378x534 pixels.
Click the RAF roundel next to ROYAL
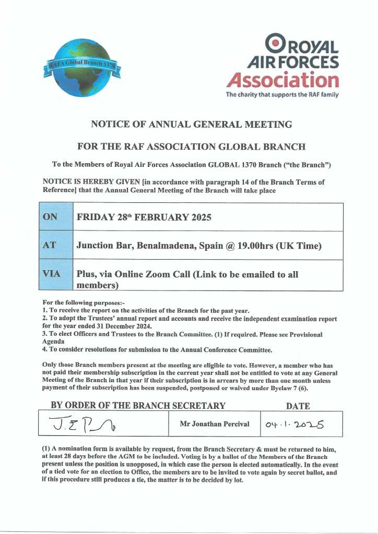[276, 42]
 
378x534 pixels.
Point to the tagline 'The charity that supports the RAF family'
[282, 95]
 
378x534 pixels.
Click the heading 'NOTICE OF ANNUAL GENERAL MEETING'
[192, 124]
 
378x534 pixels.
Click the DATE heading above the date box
[298, 406]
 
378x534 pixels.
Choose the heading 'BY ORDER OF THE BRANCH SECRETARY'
[138, 406]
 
